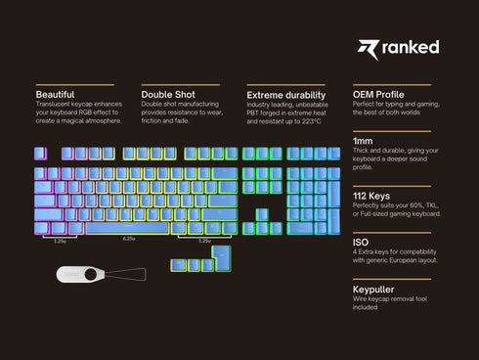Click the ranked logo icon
(368, 47)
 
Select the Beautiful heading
(55, 94)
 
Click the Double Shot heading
(166, 94)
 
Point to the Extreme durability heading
(284, 94)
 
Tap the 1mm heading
(362, 142)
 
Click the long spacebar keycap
(129, 228)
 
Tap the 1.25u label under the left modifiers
(60, 241)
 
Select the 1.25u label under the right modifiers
(204, 241)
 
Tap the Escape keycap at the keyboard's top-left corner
(40, 154)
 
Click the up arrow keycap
(262, 214)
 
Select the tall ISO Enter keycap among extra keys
(224, 257)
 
